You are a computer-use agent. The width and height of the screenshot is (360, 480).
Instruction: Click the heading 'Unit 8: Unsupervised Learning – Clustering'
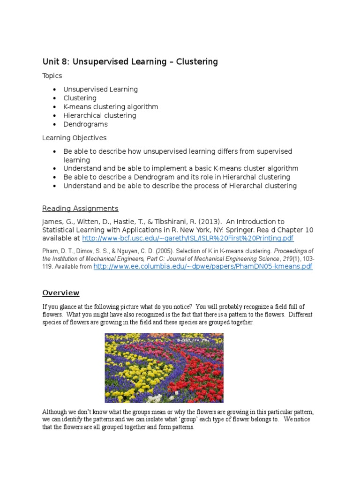(130, 62)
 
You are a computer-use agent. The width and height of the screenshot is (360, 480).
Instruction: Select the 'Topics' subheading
(52, 76)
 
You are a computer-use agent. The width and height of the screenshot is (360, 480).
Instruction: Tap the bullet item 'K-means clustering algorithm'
(111, 107)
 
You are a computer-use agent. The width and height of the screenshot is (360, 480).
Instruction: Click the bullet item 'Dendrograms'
(85, 124)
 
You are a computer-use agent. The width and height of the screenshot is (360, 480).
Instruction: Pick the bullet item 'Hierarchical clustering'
(100, 115)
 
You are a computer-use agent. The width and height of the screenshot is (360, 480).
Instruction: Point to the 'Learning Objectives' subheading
(74, 138)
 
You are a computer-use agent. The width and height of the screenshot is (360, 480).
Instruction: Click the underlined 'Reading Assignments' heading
(80, 209)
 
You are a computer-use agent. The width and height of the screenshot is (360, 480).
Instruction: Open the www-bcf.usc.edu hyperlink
(188, 239)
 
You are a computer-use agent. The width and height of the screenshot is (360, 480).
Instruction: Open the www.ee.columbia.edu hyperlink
(202, 267)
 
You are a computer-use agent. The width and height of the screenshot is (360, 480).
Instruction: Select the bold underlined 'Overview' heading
(61, 293)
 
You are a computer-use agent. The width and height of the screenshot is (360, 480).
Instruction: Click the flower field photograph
(164, 368)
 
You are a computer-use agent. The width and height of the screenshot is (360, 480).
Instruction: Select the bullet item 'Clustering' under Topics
(80, 98)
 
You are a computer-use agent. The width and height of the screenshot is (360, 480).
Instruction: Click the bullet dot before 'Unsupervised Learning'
(55, 90)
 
